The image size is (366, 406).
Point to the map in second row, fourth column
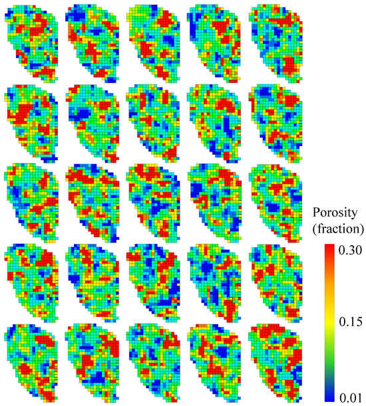click(x=214, y=122)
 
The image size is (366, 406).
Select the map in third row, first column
click(x=31, y=203)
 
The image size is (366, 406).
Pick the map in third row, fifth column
click(x=274, y=203)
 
